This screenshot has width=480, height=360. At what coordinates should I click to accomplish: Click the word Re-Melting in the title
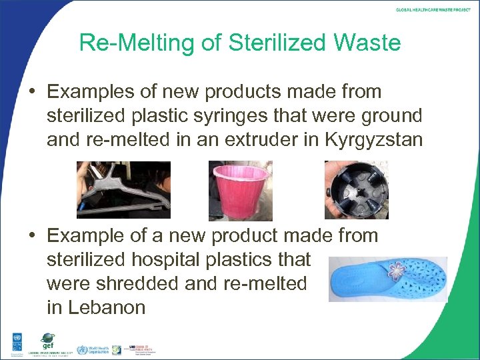(137, 43)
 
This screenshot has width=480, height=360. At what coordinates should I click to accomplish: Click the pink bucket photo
(241, 191)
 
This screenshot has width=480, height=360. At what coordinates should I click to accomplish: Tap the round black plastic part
(356, 191)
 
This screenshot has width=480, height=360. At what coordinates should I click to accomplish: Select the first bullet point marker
(35, 92)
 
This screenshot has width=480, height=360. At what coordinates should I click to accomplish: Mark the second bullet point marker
(35, 236)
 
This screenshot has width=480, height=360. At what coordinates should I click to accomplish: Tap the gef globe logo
(47, 340)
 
